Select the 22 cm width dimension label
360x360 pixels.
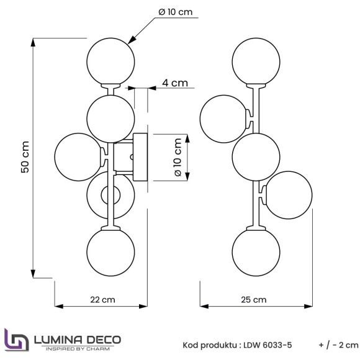[x=102, y=299]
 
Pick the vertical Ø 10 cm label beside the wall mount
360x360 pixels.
[x=179, y=158]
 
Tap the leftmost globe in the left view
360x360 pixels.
[x=78, y=156]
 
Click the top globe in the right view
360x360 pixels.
[x=255, y=61]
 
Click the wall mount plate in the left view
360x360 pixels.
[x=138, y=157]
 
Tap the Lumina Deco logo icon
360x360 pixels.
[x=16, y=341]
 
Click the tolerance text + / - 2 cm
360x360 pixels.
[x=338, y=345]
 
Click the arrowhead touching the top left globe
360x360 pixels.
[x=131, y=40]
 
